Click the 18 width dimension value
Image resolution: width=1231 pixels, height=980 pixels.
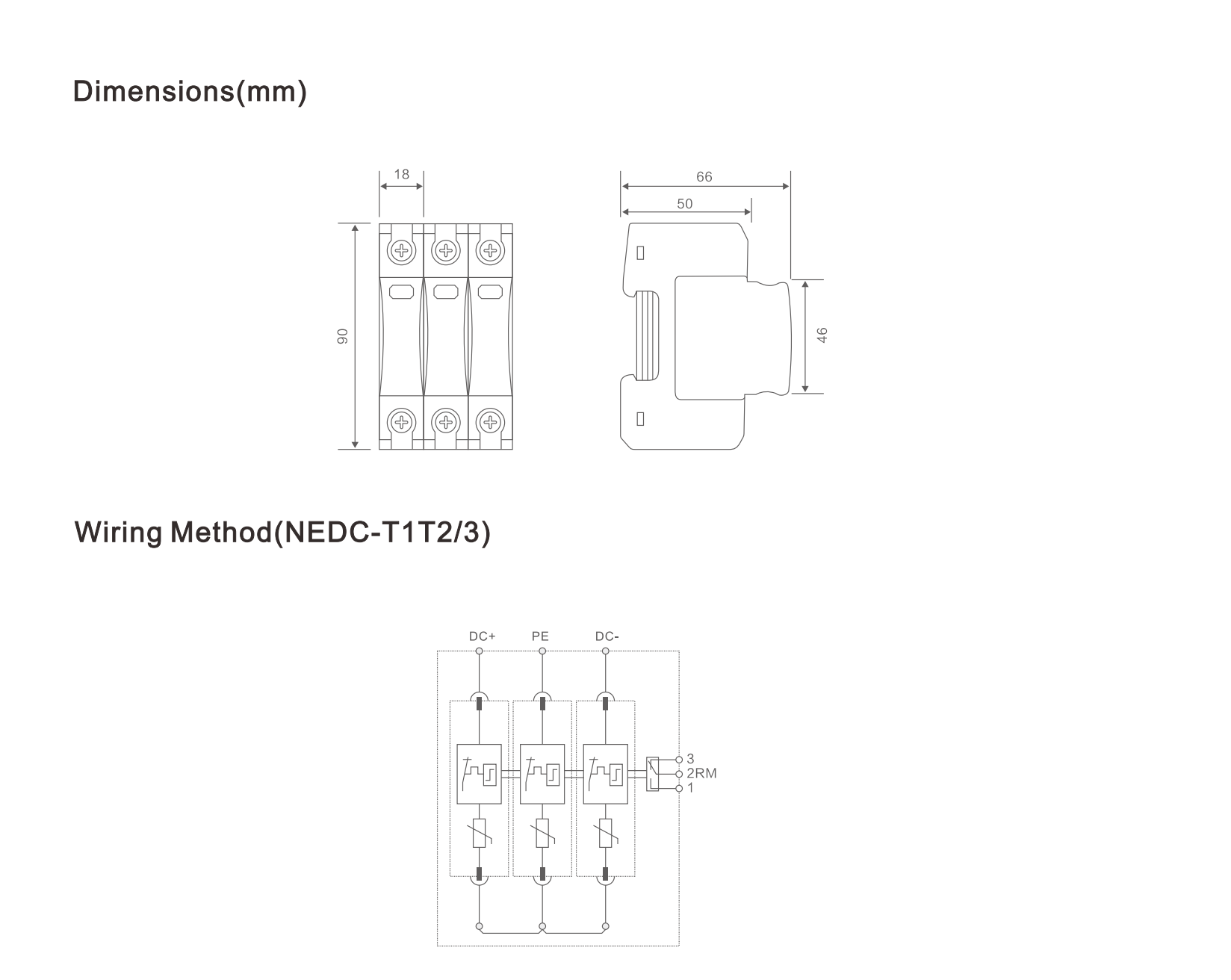coord(402,174)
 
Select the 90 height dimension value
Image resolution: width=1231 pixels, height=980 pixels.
coord(343,336)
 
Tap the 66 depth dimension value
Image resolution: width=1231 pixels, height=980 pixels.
coord(704,177)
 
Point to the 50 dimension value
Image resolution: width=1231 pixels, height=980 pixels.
coord(685,203)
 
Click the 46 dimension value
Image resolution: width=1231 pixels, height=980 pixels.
coord(822,335)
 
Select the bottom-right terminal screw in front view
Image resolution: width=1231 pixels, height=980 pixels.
coord(490,423)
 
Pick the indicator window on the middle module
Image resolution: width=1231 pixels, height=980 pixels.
coord(446,291)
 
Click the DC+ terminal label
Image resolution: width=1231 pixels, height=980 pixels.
coord(482,636)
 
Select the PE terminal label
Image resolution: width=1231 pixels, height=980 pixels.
coord(540,636)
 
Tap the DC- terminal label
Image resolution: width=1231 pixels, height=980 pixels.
coord(607,636)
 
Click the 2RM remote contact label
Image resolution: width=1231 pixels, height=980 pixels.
coord(701,774)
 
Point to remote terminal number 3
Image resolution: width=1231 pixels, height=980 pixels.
coord(690,760)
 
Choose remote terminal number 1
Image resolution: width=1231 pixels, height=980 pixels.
coord(690,788)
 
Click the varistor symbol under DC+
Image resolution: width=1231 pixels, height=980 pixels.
coord(480,833)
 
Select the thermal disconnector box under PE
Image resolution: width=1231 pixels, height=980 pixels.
coord(542,774)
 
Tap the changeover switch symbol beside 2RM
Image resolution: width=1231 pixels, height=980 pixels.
coord(653,774)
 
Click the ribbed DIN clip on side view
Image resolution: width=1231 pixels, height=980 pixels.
coord(648,335)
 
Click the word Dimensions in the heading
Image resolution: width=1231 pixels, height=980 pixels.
coord(154,91)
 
